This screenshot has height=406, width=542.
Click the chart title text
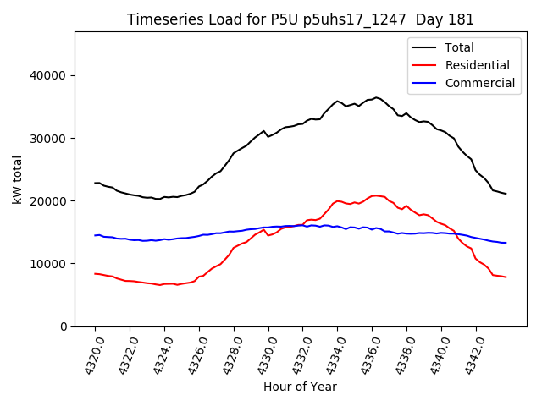[300, 19]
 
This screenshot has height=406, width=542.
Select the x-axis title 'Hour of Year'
[300, 387]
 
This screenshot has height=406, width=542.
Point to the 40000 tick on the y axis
[50, 76]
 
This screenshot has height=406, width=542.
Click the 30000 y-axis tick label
[50, 139]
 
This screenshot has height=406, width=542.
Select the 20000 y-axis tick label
[50, 201]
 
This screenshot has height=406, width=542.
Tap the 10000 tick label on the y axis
[50, 264]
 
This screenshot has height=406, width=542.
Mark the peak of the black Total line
[376, 97]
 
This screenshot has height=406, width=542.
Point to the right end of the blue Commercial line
[506, 243]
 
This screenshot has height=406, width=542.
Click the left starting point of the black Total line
[95, 183]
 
